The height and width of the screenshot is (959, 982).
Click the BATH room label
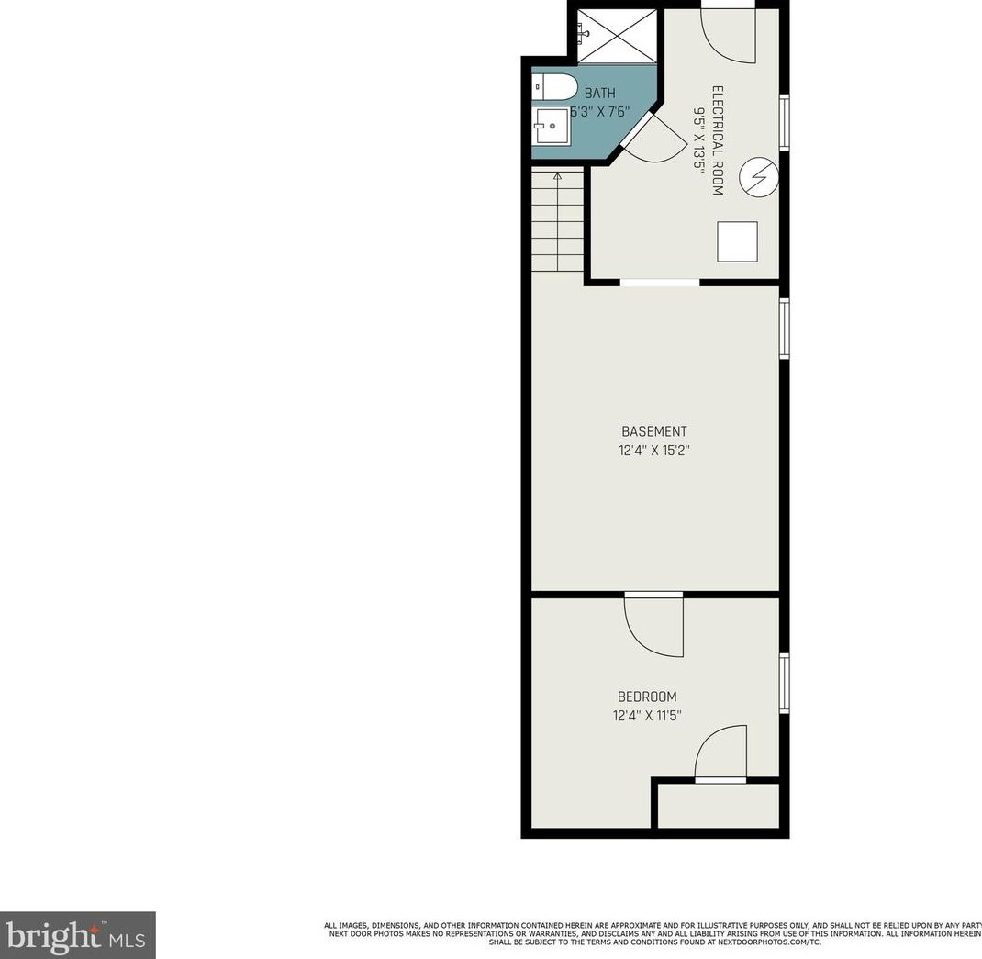pos(599,93)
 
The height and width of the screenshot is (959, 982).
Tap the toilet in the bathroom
pos(555,88)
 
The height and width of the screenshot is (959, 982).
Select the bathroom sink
pos(552,126)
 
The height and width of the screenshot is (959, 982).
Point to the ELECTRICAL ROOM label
pos(718,140)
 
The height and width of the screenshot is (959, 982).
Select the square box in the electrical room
pos(737,241)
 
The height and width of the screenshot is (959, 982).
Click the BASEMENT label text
pos(653,431)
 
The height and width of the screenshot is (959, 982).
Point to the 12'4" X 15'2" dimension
pos(653,451)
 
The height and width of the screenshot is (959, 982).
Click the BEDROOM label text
pos(647,697)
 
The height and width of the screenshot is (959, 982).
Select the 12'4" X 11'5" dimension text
pos(647,716)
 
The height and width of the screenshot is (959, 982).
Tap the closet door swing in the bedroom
pos(721,754)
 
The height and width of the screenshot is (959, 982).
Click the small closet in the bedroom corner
pos(719,806)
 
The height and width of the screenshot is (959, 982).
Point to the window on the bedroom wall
pos(785,682)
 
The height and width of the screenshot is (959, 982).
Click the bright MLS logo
pos(77,934)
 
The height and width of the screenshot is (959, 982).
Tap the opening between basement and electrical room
pos(659,282)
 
